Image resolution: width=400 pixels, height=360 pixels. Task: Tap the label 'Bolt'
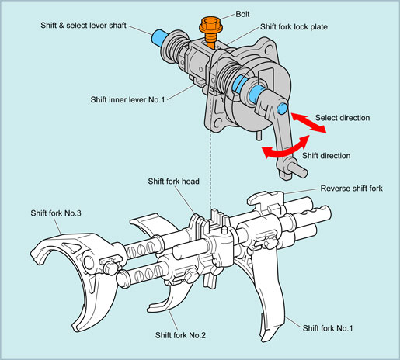pyautogui.click(x=242, y=14)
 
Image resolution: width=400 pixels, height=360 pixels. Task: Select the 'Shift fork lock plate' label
pyautogui.click(x=294, y=27)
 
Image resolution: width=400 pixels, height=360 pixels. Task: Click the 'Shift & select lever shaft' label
pyautogui.click(x=83, y=26)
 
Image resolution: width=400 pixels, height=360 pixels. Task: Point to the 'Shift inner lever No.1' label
pyautogui.click(x=127, y=99)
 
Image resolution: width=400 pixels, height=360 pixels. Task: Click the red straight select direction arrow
pyautogui.click(x=308, y=123)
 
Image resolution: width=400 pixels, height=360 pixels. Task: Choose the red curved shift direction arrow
pyautogui.click(x=285, y=148)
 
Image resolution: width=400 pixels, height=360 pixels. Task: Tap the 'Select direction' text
pyautogui.click(x=343, y=118)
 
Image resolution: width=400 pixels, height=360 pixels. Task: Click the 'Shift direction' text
pyautogui.click(x=326, y=156)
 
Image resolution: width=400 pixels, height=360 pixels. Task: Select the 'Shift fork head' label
pyautogui.click(x=173, y=182)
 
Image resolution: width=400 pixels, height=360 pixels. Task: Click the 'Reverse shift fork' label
pyautogui.click(x=351, y=189)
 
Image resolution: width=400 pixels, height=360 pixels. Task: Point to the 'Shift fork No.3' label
pyautogui.click(x=56, y=213)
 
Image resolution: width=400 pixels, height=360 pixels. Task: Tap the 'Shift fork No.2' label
pyautogui.click(x=180, y=335)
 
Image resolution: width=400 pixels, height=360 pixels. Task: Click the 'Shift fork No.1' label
pyautogui.click(x=328, y=328)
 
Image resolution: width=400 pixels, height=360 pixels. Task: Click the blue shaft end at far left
pyautogui.click(x=158, y=38)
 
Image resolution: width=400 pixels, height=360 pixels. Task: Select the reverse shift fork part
pyautogui.click(x=266, y=201)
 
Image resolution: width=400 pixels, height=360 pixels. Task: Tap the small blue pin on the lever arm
pyautogui.click(x=282, y=108)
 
